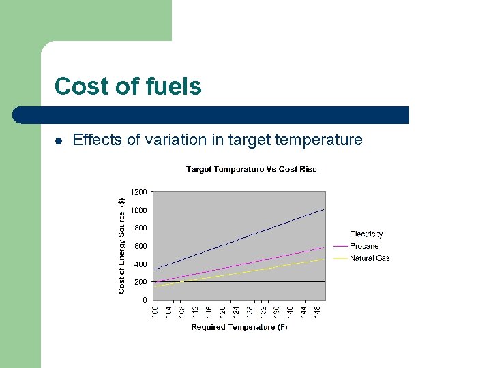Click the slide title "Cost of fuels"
(128, 87)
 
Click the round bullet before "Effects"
(59, 141)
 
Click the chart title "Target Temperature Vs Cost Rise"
(251, 169)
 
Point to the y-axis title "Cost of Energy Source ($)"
(121, 245)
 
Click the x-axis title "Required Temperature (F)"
(239, 327)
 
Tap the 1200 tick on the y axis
(138, 192)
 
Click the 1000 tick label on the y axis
(138, 210)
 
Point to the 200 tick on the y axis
(140, 281)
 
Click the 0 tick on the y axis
(144, 300)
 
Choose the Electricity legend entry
(366, 234)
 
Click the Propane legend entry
(364, 246)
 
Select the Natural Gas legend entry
(370, 258)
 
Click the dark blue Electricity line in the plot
(239, 239)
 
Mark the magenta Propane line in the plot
(239, 266)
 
